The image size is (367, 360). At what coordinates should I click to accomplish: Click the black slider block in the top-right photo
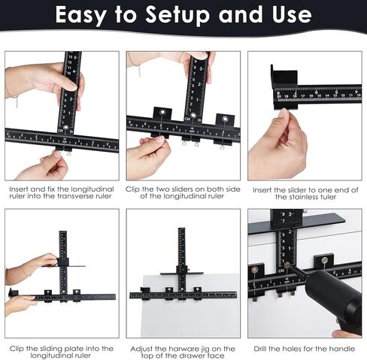pyautogui.click(x=284, y=77)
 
